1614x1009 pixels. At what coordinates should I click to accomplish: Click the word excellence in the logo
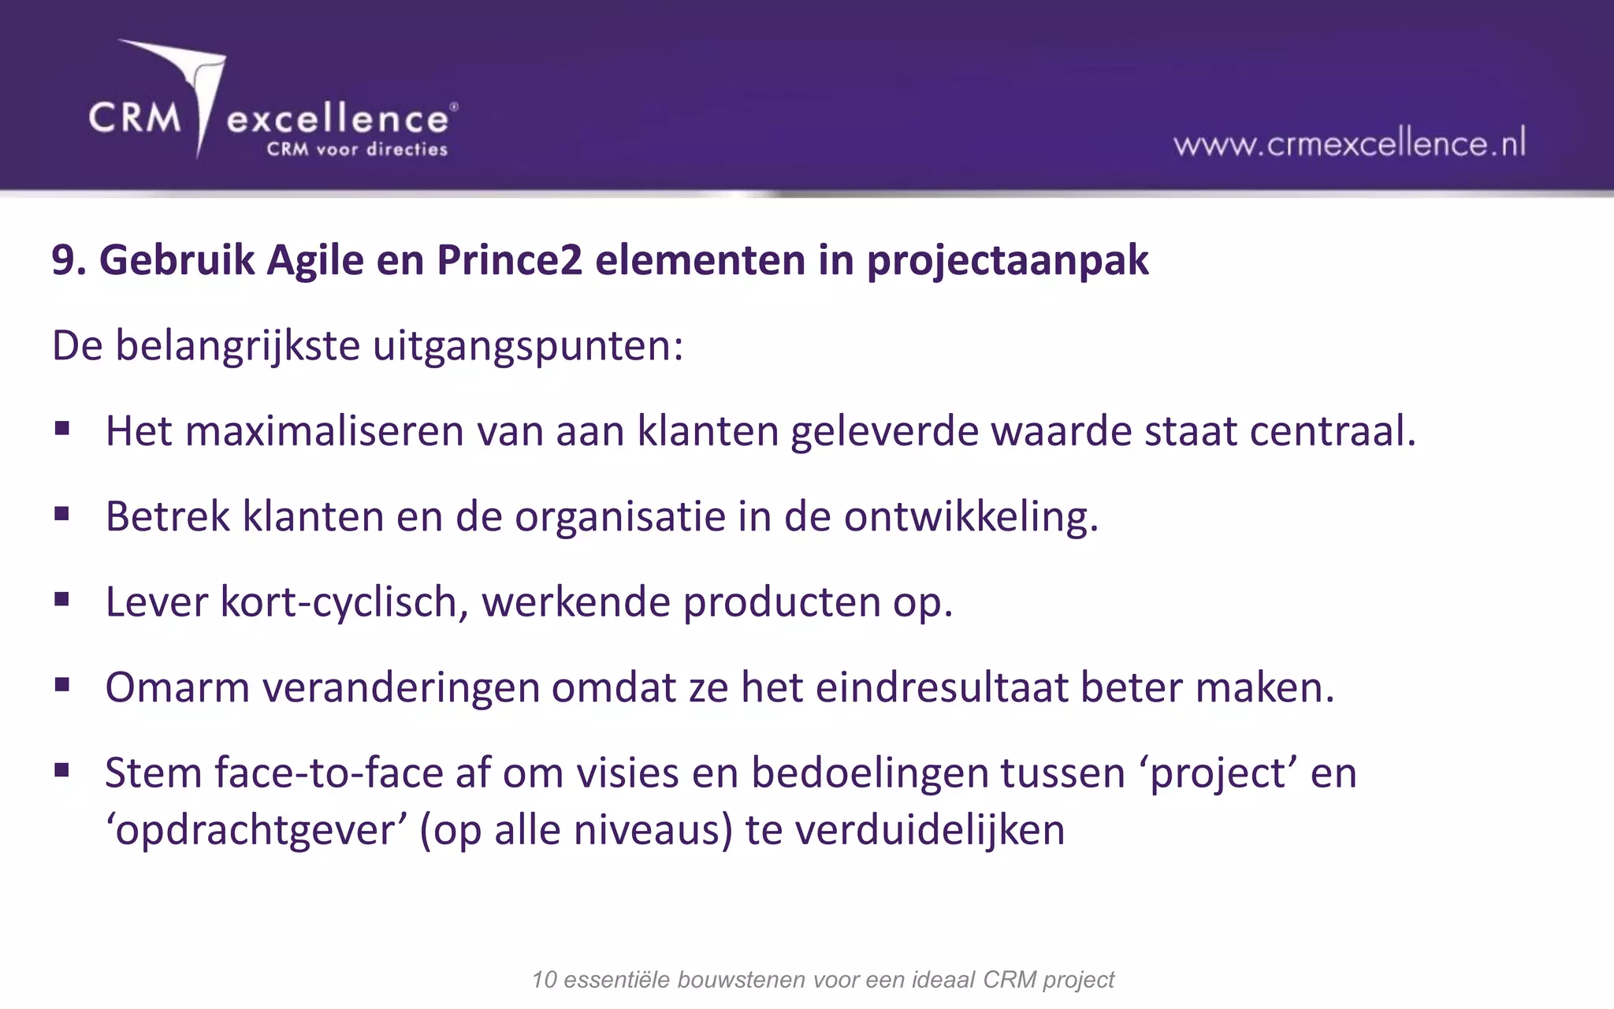click(x=337, y=120)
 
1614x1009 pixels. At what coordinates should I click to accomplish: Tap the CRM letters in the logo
click(x=135, y=118)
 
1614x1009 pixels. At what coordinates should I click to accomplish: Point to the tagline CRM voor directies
click(x=356, y=149)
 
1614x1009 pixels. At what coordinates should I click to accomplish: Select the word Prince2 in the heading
click(x=509, y=260)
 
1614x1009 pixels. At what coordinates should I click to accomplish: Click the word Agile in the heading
click(x=314, y=260)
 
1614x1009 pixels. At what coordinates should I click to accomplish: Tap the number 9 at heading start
click(x=64, y=260)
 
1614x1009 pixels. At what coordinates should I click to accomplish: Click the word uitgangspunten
click(x=527, y=346)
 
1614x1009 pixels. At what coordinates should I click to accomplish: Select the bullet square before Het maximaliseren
click(x=62, y=430)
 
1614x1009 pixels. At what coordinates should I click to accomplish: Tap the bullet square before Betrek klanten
click(x=62, y=515)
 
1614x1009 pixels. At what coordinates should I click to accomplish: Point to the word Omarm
click(x=177, y=687)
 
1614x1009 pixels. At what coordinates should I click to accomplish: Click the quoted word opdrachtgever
click(x=256, y=830)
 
